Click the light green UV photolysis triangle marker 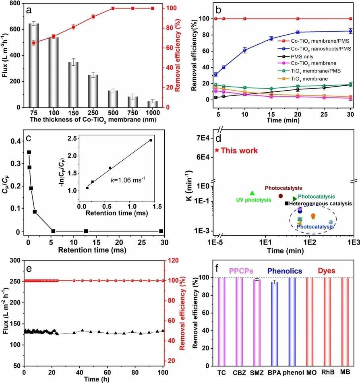(x=252, y=193)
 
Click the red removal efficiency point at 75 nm (x=34, y=43)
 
